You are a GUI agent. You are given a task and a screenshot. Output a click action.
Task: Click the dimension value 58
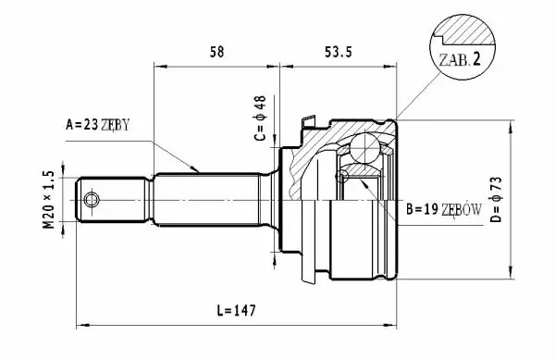(x=217, y=52)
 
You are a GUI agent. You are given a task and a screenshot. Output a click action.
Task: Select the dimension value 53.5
(x=339, y=52)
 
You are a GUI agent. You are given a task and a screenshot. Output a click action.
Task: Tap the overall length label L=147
(x=236, y=310)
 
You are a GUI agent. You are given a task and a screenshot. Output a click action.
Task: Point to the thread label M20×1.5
(x=49, y=200)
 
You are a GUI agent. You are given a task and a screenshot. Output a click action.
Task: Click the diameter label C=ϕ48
(x=260, y=118)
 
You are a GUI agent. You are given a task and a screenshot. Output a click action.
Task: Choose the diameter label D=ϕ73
(x=496, y=199)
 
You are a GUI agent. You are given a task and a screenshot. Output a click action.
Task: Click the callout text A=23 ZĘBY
(x=98, y=125)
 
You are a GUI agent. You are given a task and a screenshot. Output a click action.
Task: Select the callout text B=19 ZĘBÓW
(x=444, y=209)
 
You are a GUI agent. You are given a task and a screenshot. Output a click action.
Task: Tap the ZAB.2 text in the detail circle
(x=460, y=59)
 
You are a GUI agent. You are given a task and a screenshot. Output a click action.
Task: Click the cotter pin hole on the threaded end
(x=92, y=200)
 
